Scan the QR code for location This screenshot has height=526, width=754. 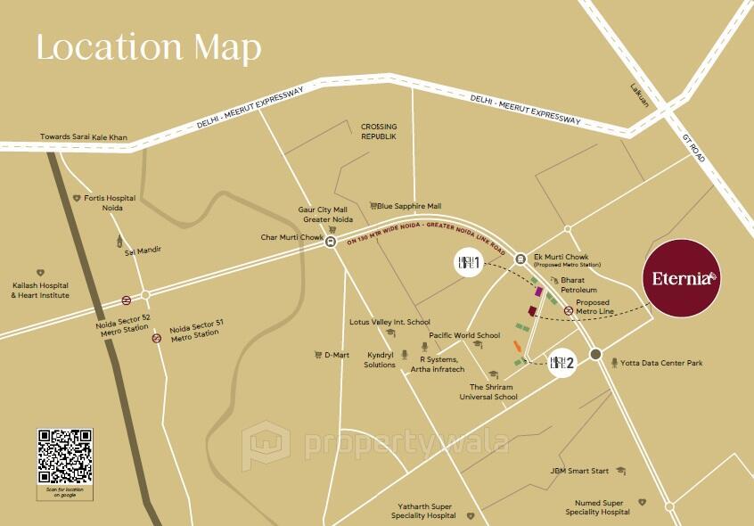click(64, 456)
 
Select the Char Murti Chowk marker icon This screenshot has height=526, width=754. click(331, 241)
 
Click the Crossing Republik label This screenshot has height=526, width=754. click(379, 132)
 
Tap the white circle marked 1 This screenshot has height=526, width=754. click(469, 262)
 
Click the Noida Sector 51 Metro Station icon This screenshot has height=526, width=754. click(157, 338)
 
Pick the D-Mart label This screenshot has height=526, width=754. click(336, 355)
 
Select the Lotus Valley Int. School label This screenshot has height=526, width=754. click(389, 322)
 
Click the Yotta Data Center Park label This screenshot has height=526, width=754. click(661, 364)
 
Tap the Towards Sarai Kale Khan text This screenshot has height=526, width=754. click(84, 137)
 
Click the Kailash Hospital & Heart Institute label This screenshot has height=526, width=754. click(40, 291)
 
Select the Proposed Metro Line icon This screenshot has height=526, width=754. click(569, 310)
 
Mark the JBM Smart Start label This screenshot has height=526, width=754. click(579, 471)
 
